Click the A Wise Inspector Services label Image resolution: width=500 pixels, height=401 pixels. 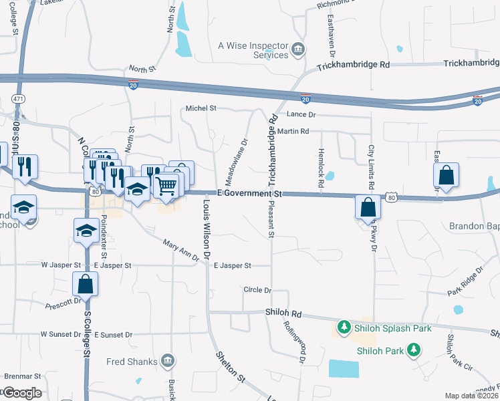point(253,50)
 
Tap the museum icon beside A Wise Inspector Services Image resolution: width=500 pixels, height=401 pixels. point(298,49)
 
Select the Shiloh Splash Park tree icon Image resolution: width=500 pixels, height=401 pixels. point(344,327)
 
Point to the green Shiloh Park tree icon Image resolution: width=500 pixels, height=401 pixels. point(414,350)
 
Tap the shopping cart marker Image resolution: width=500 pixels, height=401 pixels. point(166,185)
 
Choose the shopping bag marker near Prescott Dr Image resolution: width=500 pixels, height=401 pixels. point(86,283)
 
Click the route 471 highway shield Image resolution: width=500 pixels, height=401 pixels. point(17,98)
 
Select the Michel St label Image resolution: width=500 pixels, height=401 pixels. point(201,108)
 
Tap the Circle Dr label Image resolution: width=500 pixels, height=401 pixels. point(257,290)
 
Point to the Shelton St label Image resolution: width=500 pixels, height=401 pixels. point(227,368)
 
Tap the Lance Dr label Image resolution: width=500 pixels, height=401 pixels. point(301,115)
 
